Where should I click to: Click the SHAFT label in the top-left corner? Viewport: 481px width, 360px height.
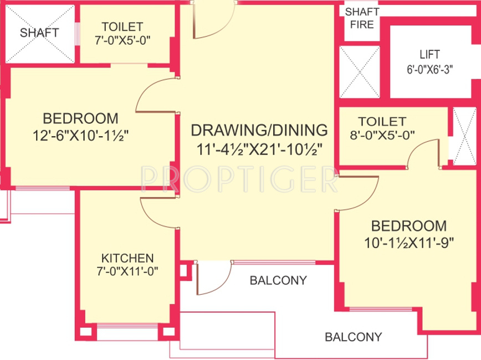coord(39,33)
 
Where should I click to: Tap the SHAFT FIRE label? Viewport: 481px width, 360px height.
coord(362,18)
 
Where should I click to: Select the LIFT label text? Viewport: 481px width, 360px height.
coord(429,55)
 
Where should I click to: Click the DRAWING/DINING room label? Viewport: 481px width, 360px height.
coord(259,130)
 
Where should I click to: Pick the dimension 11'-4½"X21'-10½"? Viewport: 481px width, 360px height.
coord(259,148)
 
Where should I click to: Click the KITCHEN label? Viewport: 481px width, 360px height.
coord(127,258)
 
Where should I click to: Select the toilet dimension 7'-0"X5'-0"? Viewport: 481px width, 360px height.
coord(122,40)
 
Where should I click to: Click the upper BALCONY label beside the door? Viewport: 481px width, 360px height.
coord(278,280)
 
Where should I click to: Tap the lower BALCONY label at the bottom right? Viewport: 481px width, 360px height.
coord(353,337)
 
